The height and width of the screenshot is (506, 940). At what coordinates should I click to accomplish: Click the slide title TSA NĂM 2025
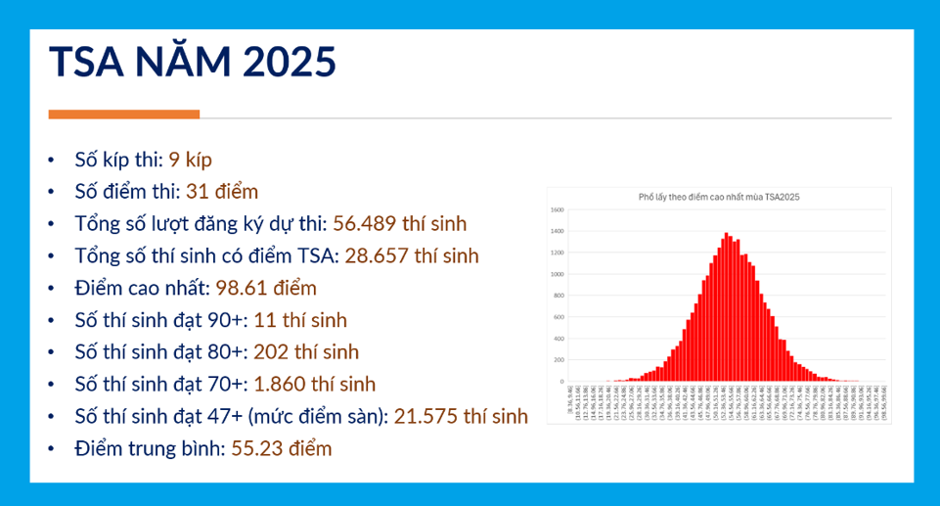click(x=193, y=62)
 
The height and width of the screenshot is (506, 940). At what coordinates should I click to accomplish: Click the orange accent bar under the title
click(x=123, y=115)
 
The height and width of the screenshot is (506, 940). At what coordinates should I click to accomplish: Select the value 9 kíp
click(x=190, y=161)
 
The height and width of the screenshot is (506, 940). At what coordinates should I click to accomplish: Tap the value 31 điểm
click(x=222, y=192)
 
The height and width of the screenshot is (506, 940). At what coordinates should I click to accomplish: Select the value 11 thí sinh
click(x=300, y=320)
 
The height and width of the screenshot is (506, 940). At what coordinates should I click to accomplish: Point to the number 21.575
click(x=425, y=416)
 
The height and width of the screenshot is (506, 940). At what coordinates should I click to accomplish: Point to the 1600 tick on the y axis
click(x=559, y=209)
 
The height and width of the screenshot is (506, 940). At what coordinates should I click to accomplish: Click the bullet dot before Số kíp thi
click(x=52, y=161)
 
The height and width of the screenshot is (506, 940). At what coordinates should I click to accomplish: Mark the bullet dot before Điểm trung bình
click(x=52, y=449)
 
